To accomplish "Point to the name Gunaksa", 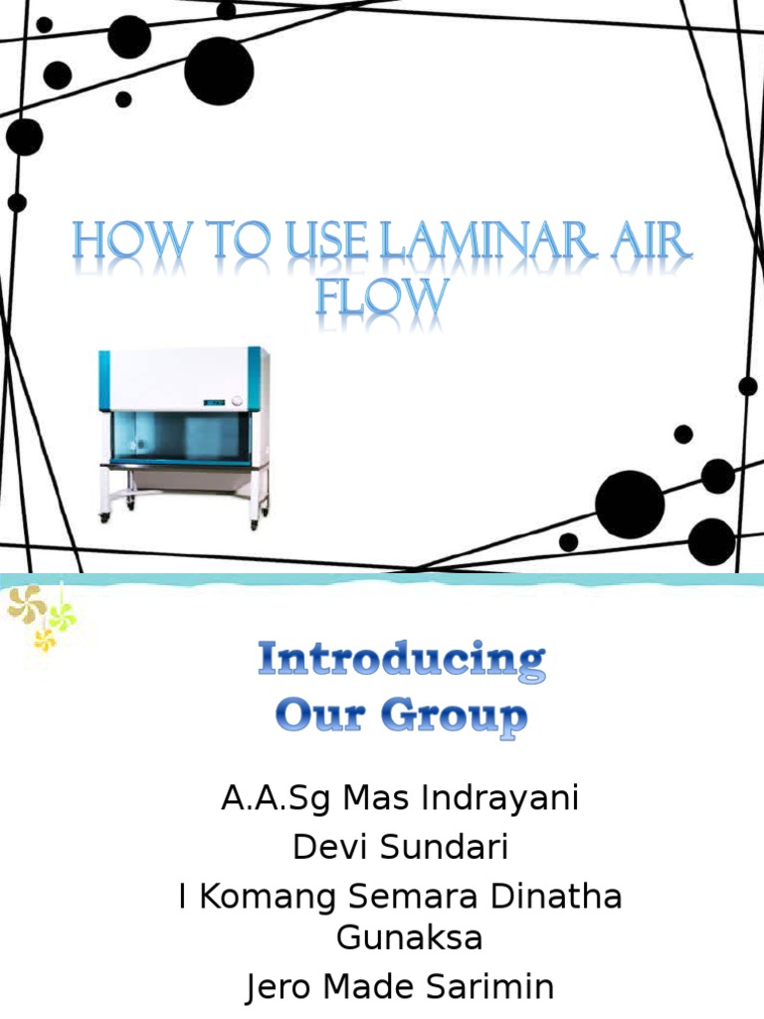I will click(x=409, y=937).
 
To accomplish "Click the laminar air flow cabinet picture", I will click(x=184, y=434).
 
